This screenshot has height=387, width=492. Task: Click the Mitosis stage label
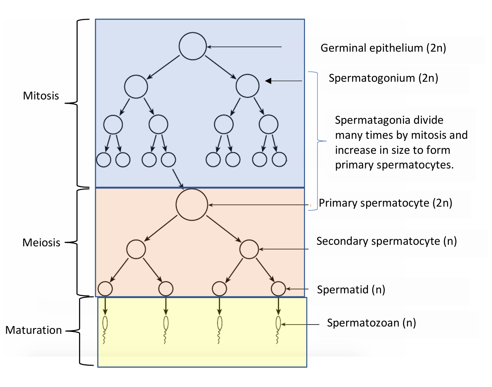41,96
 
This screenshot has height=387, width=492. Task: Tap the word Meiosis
41,242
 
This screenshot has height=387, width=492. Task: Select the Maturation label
34,330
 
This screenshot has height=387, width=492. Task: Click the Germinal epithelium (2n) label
383,48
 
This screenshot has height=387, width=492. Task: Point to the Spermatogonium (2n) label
383,78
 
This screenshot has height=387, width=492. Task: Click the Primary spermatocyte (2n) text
385,203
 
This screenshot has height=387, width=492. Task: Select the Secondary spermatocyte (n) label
386,241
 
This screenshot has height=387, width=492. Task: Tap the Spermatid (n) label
351,289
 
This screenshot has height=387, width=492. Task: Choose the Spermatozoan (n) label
371,323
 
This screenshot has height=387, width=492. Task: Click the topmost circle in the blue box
193,46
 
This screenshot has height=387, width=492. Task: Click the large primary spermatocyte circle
192,205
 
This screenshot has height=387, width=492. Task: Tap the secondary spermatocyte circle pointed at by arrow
249,249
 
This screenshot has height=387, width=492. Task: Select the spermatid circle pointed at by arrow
278,288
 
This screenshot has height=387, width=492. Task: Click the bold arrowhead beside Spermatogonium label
269,81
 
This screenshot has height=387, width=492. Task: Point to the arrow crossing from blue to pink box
178,178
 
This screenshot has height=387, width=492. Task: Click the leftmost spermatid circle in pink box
105,288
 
